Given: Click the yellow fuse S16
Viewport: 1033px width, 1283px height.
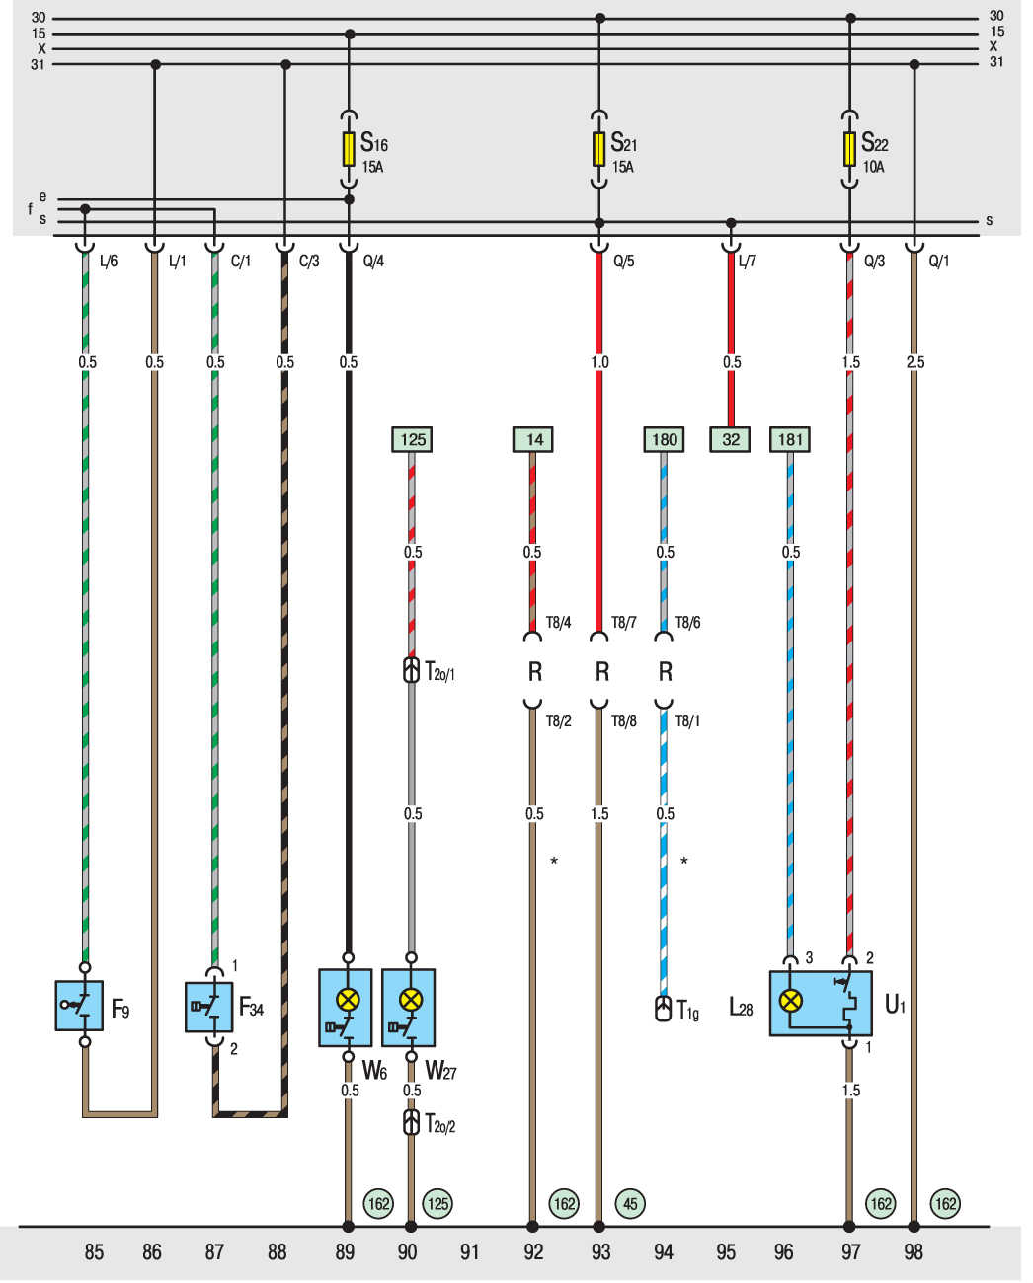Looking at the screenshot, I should point(349,149).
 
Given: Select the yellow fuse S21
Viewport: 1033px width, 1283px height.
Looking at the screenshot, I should point(599,149).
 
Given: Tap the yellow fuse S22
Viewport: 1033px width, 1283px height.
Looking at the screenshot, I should point(850,149).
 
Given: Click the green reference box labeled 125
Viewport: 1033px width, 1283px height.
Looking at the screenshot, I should point(412,439).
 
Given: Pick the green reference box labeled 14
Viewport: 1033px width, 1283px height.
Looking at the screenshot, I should point(533,439).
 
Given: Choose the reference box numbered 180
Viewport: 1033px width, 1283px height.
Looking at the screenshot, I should point(665,439).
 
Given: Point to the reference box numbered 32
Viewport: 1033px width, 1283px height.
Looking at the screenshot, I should point(731,439).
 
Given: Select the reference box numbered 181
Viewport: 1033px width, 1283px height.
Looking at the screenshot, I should point(790,439).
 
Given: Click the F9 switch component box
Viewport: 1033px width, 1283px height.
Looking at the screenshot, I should point(79,1006).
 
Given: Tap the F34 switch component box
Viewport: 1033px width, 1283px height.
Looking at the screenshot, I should point(209,1007).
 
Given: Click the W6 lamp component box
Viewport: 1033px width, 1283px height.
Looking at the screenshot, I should point(346,1008).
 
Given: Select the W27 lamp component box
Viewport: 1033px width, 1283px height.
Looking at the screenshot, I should point(409,1008).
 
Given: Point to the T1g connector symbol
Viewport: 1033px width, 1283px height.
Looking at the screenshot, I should point(664,1009).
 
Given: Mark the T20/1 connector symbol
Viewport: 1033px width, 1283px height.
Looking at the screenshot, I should point(412,671).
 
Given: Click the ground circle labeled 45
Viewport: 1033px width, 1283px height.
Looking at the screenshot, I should point(630,1203).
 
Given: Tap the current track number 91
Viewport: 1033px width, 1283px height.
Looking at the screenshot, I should point(469,1252).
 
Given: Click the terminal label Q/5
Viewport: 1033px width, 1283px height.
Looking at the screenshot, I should point(623,263).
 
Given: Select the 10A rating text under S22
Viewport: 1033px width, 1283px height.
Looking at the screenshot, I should point(873,167).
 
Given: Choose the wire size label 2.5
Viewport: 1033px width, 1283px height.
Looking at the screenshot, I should point(914,362).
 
